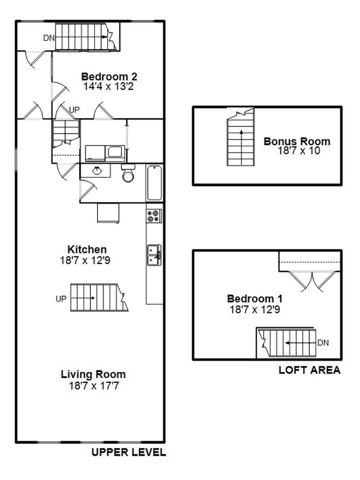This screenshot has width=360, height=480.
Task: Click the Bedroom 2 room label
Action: (109, 76)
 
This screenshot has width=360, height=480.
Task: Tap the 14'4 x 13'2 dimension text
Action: (108, 87)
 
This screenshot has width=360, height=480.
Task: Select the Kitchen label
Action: (87, 249)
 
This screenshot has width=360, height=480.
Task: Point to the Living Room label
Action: (93, 374)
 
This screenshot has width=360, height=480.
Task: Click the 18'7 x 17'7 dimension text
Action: (94, 386)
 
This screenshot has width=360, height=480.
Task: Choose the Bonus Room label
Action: (297, 141)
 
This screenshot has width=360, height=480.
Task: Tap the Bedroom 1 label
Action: (255, 298)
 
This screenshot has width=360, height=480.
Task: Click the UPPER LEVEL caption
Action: (129, 452)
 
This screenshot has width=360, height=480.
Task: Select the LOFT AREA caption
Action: (310, 370)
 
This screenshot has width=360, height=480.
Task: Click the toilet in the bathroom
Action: (128, 173)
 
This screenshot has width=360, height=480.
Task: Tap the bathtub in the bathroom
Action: (154, 183)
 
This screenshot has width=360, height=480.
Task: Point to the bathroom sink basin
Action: (97, 170)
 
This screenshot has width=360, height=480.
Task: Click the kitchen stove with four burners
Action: (154, 216)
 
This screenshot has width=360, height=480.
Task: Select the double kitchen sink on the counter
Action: (154, 255)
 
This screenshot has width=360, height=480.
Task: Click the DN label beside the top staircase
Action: (49, 38)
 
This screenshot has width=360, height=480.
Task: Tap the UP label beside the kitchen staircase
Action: (61, 299)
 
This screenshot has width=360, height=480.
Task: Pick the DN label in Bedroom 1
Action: (323, 342)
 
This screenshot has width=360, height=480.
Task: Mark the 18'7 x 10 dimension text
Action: (299, 151)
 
